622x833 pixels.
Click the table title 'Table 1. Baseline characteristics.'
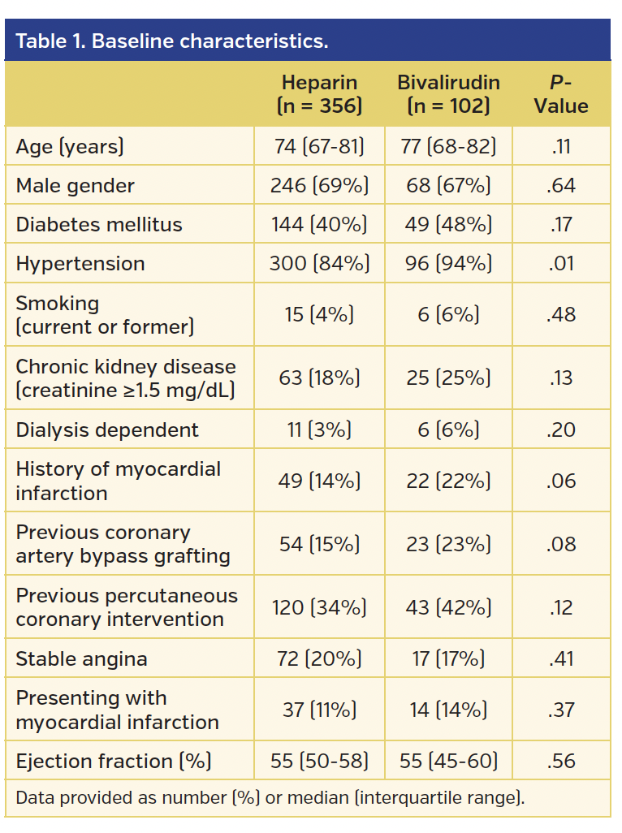[172, 41]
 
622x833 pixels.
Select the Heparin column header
[319, 94]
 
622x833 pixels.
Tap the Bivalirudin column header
[448, 94]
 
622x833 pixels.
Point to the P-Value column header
[561, 94]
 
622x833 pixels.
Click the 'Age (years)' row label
[70, 147]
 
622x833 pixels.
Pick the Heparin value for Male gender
[319, 186]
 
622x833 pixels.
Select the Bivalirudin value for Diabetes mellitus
[448, 225]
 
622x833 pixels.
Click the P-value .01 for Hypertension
[561, 264]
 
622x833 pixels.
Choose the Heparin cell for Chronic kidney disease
[319, 378]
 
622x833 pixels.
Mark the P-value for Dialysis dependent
[561, 429]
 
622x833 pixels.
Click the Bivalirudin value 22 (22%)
[448, 481]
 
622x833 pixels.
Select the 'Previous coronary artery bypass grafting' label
[123, 544]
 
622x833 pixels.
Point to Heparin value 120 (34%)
[319, 607]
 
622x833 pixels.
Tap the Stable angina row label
[81, 658]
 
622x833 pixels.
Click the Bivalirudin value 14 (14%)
[448, 710]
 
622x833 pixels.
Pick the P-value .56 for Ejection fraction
[561, 761]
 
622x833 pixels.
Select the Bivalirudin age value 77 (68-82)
[448, 147]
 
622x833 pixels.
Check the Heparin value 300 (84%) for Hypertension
[319, 264]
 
